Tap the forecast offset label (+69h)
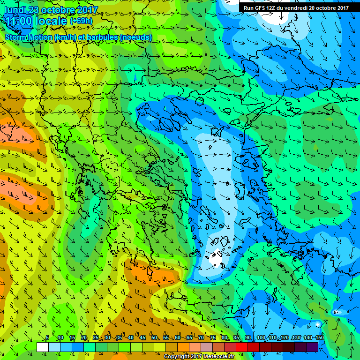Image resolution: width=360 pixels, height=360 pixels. [81, 21]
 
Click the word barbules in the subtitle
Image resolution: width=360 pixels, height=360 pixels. [101, 37]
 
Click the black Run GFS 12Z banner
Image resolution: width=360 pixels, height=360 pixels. [296, 8]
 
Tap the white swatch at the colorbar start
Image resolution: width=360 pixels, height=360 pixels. [42, 347]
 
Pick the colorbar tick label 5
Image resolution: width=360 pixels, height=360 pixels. [47, 338]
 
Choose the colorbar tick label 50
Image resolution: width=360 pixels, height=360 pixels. [154, 338]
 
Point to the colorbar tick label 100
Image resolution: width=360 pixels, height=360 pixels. [261, 338]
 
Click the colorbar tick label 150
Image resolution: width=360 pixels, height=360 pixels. [320, 338]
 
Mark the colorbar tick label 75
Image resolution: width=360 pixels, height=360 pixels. [213, 338]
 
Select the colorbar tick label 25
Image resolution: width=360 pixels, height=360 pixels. [96, 338]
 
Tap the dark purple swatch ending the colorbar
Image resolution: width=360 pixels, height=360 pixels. [313, 347]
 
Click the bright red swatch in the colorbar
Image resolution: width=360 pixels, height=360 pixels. [242, 347]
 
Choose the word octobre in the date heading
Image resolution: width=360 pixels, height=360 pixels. [58, 10]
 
